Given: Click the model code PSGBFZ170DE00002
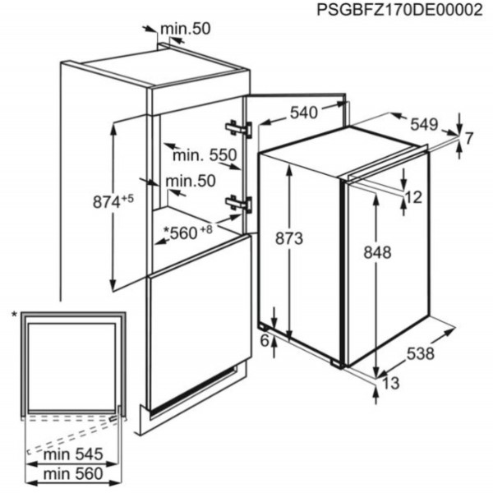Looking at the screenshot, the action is tap(399, 10).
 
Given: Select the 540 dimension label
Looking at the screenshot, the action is tap(304, 113).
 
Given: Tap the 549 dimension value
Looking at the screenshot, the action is tap(424, 125).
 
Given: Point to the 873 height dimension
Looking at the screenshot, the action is tap(289, 238).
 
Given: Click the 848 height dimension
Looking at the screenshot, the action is tap(377, 252).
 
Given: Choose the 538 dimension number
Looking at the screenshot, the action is tap(421, 353).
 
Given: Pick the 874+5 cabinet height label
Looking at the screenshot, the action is tap(113, 201).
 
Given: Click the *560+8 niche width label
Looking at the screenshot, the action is tap(188, 233).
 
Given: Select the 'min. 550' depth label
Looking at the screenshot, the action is tap(205, 155).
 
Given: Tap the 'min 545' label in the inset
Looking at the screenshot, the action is tap(73, 454).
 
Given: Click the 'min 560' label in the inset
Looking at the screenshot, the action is tap(73, 474).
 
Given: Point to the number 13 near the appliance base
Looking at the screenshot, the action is tap(391, 383).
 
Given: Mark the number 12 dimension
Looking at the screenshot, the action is tap(413, 197).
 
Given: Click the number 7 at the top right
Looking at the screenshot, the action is tap(468, 138).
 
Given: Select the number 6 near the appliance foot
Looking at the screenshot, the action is tap(265, 340).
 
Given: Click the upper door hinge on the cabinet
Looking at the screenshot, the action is tap(239, 128).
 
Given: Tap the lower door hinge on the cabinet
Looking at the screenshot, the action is tap(239, 204).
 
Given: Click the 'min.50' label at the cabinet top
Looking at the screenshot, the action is tap(185, 29).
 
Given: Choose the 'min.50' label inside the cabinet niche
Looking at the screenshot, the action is tap(191, 181).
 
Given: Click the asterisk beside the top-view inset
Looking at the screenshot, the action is tap(14, 314).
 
